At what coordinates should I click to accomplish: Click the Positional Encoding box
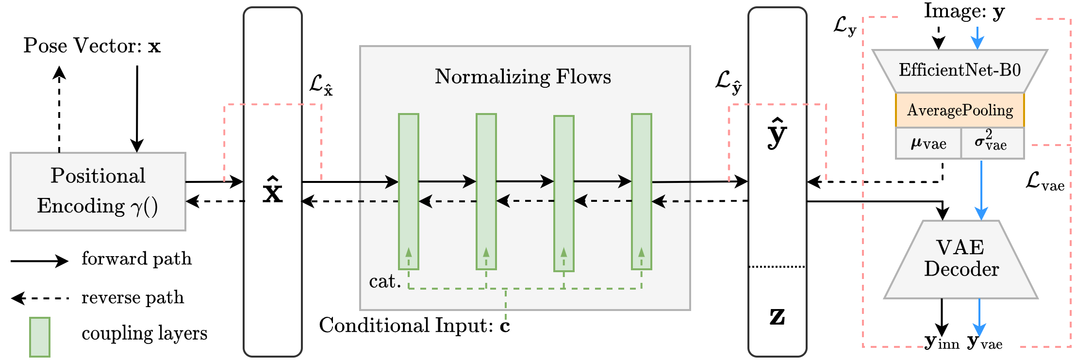[98, 191]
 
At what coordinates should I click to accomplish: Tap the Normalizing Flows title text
[523, 77]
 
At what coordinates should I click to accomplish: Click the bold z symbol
[777, 316]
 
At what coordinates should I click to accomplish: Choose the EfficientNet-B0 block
[960, 71]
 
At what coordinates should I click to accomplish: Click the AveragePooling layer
[960, 110]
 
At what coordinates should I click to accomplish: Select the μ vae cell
[928, 144]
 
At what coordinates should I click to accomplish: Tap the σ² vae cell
[992, 143]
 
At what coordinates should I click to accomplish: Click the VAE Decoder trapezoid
[960, 260]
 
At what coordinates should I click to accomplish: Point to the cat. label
[384, 281]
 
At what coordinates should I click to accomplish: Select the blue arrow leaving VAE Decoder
[979, 318]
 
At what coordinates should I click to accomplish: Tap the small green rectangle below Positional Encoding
[40, 337]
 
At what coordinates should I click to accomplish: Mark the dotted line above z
[777, 267]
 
